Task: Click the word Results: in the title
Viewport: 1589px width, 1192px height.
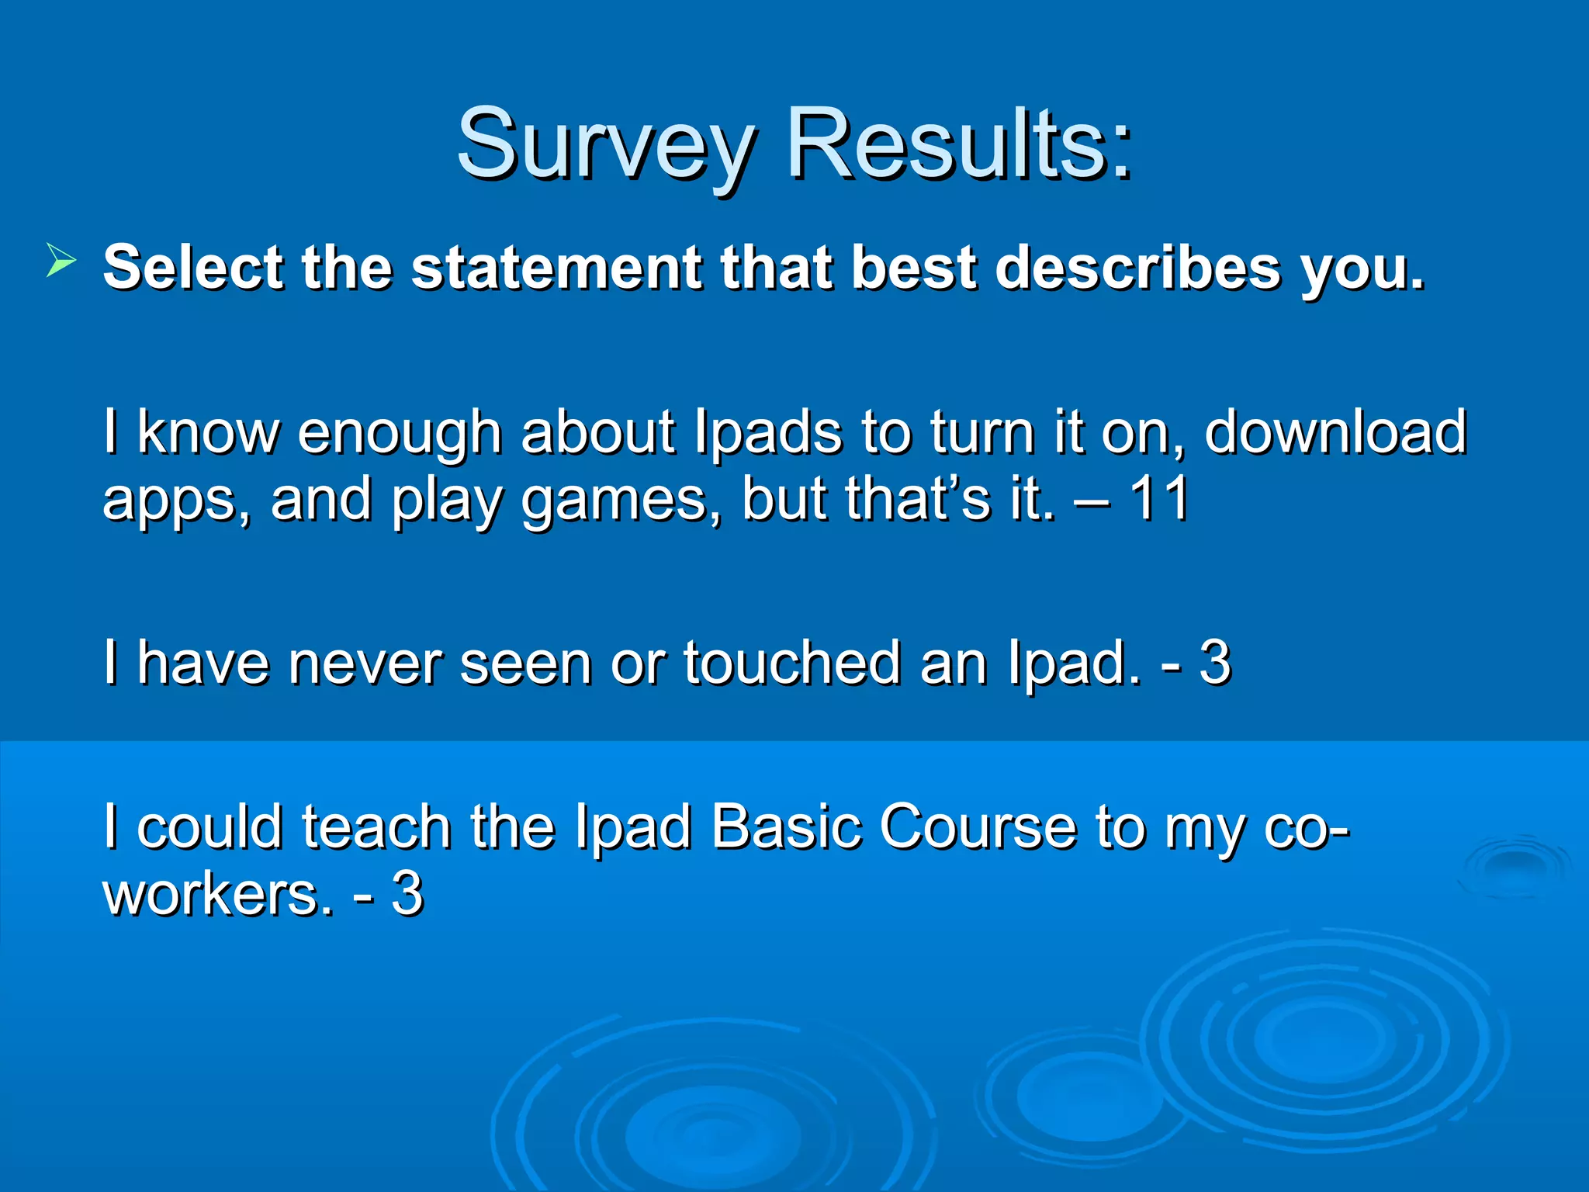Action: click(x=960, y=145)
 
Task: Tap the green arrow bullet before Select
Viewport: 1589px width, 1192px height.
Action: click(x=61, y=259)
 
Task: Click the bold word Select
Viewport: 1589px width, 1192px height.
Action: click(x=194, y=268)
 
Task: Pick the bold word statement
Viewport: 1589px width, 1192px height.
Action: click(x=557, y=268)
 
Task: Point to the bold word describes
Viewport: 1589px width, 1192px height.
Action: click(x=1137, y=268)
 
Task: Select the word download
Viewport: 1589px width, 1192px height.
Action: click(x=1335, y=431)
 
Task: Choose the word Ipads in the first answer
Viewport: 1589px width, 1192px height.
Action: click(x=768, y=433)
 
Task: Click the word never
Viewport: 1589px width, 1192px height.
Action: click(x=365, y=664)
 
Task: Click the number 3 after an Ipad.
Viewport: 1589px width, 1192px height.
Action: click(x=1215, y=663)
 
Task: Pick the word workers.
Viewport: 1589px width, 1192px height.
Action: click(x=218, y=895)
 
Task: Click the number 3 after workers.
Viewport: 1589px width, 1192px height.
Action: click(x=407, y=894)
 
